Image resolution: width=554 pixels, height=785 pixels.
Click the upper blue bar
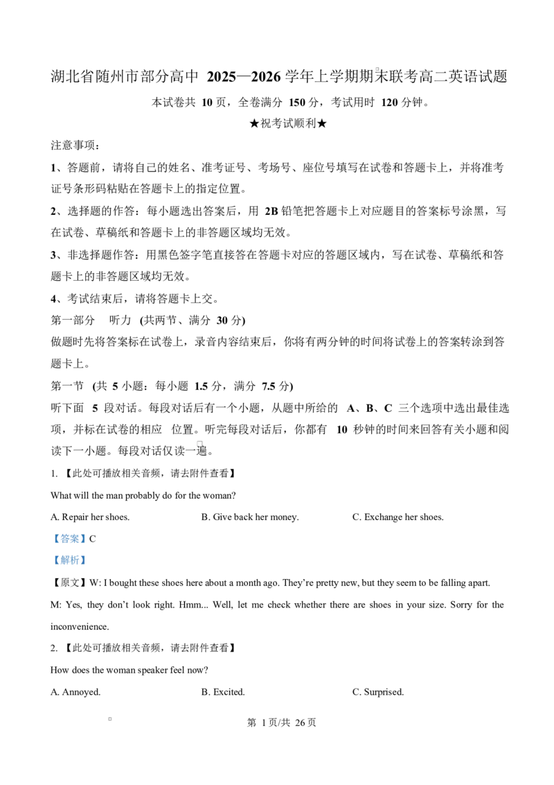pyautogui.click(x=69, y=538)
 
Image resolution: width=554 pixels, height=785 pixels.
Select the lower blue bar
pyautogui.click(x=69, y=560)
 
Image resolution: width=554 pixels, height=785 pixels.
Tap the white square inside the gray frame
pyautogui.click(x=199, y=444)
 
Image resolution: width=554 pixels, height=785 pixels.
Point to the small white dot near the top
pyautogui.click(x=377, y=69)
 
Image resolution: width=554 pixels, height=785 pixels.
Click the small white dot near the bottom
pyautogui.click(x=109, y=718)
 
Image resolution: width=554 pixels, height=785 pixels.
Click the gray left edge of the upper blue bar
pyautogui.click(x=51, y=538)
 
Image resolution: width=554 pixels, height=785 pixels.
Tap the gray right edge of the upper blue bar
pyautogui.click(x=87, y=538)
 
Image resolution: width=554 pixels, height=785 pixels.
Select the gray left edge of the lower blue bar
pyautogui.click(x=51, y=560)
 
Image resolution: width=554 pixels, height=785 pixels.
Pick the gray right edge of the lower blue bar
pyautogui.click(x=87, y=560)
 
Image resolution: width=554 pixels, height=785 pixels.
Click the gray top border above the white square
pyautogui.click(x=199, y=440)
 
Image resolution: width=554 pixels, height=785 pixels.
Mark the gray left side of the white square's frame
pyautogui.click(x=195, y=444)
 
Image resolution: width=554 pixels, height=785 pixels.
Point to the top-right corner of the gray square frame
pyautogui.click(x=204, y=440)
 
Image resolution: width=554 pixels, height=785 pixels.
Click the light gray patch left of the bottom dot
pyautogui.click(x=107, y=718)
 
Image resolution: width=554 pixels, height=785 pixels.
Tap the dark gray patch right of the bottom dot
pyautogui.click(x=114, y=718)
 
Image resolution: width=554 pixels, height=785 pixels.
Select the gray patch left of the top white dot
pyautogui.click(x=374, y=69)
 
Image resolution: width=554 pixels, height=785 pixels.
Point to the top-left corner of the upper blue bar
pyautogui.click(x=51, y=533)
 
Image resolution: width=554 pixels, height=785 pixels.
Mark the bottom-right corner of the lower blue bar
pyautogui.click(x=88, y=565)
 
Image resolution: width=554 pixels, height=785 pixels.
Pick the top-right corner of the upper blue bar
pyautogui.click(x=88, y=533)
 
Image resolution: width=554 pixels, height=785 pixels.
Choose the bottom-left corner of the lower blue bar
pyautogui.click(x=51, y=565)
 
